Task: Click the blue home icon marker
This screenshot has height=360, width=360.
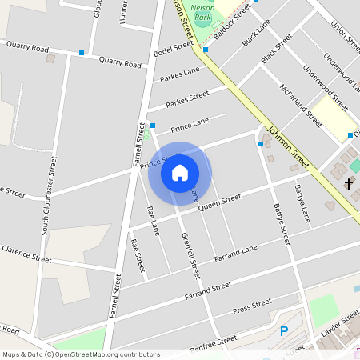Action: tap(180, 173)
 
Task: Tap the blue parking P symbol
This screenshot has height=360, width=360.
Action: tap(283, 331)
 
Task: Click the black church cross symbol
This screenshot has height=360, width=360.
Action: tap(348, 184)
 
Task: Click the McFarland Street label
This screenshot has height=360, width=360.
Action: tap(301, 105)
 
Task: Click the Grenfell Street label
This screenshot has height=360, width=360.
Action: tap(190, 255)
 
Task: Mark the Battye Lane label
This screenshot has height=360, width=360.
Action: tap(303, 204)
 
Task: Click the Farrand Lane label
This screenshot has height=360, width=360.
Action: tap(237, 254)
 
